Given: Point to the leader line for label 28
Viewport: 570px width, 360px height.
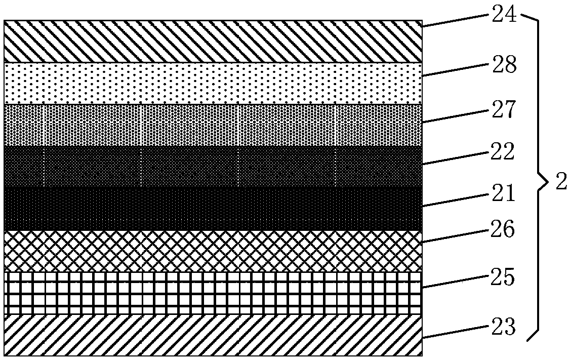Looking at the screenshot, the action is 456,70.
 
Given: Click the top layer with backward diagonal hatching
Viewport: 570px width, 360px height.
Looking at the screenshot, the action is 213,42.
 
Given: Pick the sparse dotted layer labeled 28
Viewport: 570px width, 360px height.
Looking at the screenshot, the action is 213,84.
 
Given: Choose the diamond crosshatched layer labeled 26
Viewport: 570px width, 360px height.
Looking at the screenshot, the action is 213,251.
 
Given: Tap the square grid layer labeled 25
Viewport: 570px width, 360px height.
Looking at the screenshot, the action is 213,293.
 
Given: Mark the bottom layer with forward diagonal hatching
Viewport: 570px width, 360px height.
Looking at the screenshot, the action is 213,335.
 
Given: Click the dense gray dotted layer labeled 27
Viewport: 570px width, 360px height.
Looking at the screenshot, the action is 213,126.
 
